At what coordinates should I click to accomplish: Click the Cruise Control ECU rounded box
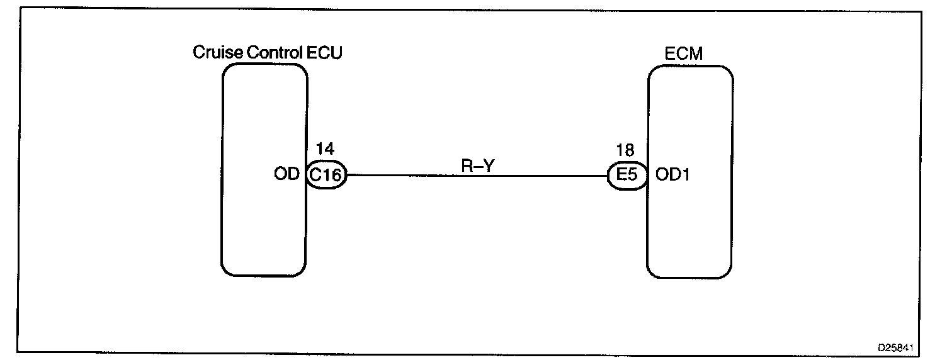click(264, 126)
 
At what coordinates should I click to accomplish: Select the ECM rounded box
click(690, 126)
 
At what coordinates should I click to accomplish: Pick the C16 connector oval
click(326, 177)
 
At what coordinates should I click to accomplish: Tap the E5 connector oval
click(627, 176)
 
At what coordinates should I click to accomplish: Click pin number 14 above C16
click(325, 151)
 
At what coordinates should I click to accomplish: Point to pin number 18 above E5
click(625, 151)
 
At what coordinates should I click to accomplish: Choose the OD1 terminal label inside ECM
click(672, 176)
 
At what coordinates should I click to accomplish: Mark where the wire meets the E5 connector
click(608, 176)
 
